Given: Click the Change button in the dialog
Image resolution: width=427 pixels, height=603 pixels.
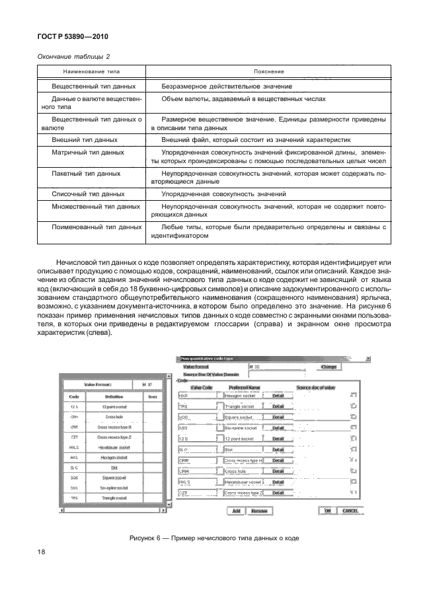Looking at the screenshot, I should pyautogui.click(x=329, y=366).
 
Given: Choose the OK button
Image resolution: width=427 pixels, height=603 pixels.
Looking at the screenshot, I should pyautogui.click(x=345, y=511).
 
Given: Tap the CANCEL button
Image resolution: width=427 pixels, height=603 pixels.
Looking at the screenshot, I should pyautogui.click(x=368, y=511).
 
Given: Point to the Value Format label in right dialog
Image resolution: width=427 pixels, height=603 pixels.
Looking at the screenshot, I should pyautogui.click(x=196, y=365).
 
